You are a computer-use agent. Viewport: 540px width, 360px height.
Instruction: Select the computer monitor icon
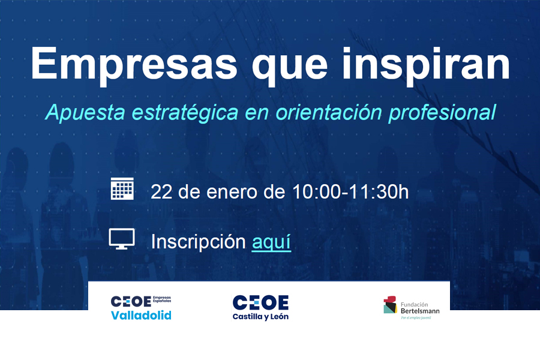[122, 238]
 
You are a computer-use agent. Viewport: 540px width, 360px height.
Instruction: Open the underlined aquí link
[271, 242]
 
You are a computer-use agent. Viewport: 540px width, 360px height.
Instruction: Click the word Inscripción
[199, 242]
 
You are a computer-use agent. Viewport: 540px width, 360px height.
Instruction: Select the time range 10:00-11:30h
[350, 192]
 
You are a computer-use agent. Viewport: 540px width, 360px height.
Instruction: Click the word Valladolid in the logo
[141, 316]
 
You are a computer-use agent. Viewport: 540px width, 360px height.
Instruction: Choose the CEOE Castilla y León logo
[260, 308]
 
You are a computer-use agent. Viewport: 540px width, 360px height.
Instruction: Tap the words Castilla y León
[260, 317]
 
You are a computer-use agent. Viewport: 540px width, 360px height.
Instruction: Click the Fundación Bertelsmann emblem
[391, 305]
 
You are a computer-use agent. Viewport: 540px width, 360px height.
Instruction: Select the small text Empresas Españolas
[162, 299]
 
